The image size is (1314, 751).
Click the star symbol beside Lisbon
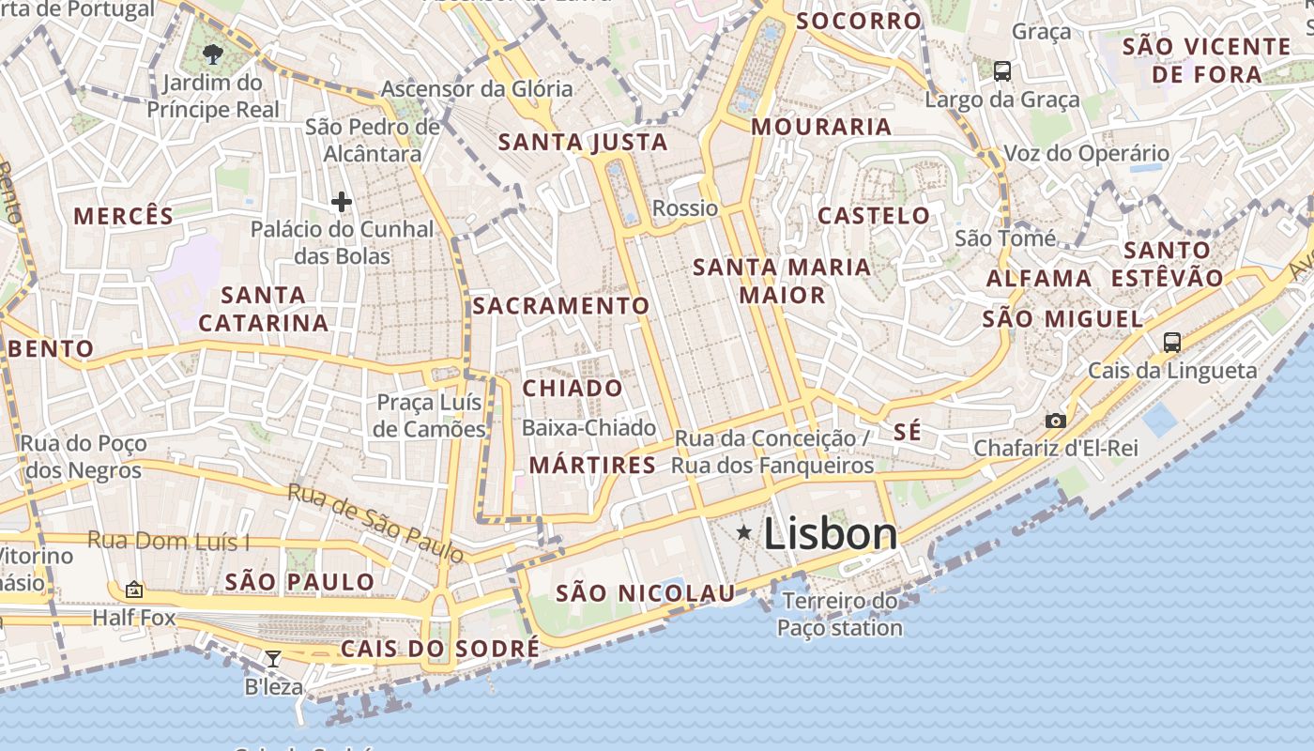pos(744,533)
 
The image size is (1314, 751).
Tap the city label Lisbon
pos(831,534)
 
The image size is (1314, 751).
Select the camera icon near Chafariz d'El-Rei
pos(1056,421)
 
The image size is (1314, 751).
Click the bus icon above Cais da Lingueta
pos(1172,342)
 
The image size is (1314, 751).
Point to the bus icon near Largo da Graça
pos(1002,70)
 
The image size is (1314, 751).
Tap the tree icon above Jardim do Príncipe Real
pos(213,54)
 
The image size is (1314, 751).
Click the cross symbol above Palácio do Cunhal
pos(342,201)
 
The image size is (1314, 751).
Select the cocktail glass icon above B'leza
pos(273,659)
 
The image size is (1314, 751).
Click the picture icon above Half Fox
pos(134,590)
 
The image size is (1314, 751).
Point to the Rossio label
pos(685,208)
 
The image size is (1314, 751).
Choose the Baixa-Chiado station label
pos(588,428)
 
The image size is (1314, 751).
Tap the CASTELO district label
pos(874,216)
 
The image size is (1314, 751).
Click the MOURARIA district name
pos(821,127)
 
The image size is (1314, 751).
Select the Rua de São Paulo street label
pos(375,523)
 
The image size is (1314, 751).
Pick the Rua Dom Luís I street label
pos(169,542)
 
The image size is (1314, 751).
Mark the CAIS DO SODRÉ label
pos(440,649)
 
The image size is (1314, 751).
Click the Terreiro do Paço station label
pos(840,614)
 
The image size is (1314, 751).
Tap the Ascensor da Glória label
pos(477,89)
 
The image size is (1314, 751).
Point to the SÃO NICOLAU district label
pos(646,593)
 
